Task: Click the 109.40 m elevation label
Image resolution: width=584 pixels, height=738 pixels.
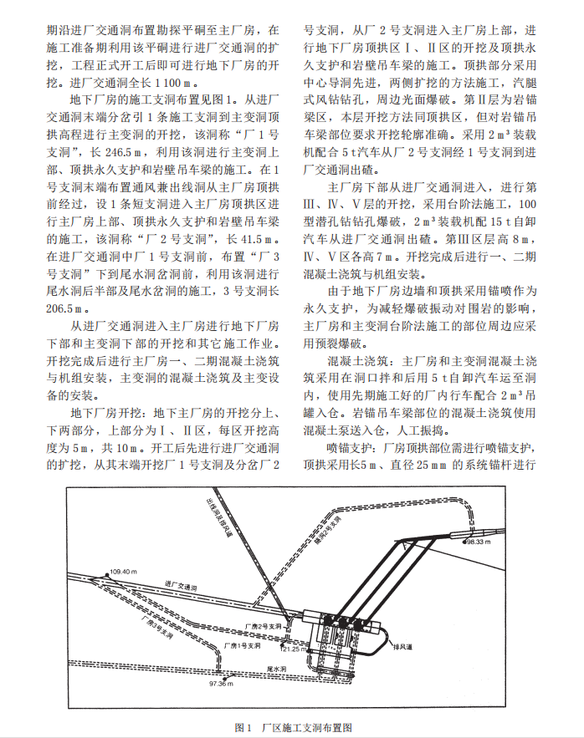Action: tap(122, 572)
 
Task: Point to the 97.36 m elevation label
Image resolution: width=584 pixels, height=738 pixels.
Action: tap(222, 684)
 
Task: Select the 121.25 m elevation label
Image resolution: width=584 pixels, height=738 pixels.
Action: tap(295, 648)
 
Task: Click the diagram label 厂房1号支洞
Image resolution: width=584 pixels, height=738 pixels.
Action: tap(242, 646)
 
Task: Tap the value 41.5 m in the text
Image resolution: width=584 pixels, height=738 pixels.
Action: tap(254, 238)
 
